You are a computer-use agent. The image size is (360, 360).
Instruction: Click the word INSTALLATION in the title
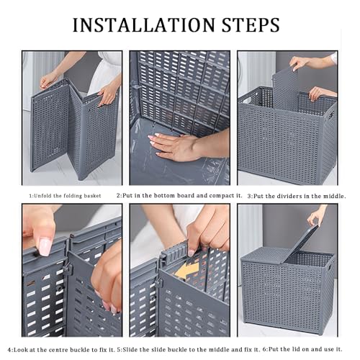(x=143, y=24)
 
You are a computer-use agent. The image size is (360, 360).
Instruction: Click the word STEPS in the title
(x=251, y=24)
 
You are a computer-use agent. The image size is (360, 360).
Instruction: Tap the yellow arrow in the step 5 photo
(x=187, y=271)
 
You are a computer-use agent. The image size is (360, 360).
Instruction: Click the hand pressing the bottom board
(x=178, y=146)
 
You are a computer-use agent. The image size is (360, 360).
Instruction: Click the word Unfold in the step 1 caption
(x=42, y=196)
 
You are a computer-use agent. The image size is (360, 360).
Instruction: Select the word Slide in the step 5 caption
(x=130, y=349)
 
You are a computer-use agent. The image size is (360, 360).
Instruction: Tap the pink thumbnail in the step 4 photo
(x=45, y=247)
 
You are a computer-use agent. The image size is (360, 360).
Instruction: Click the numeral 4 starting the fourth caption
(x=9, y=350)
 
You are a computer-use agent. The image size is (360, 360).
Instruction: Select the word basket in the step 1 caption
(x=92, y=196)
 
